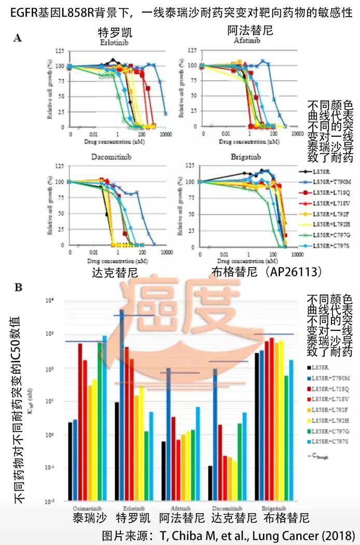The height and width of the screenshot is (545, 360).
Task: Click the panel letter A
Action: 18,37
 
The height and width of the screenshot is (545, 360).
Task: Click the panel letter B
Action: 18,286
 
